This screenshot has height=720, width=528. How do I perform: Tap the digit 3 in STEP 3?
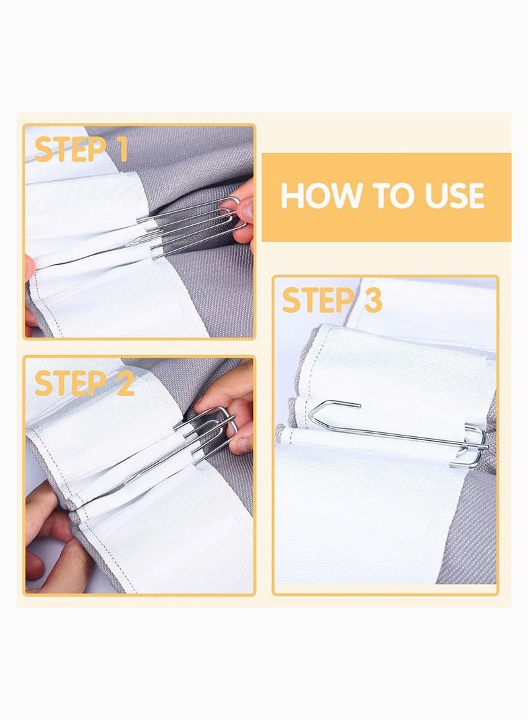[x=371, y=302]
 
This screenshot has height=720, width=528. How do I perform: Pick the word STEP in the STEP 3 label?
[x=317, y=302]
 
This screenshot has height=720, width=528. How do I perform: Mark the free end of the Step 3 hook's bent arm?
[x=358, y=404]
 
